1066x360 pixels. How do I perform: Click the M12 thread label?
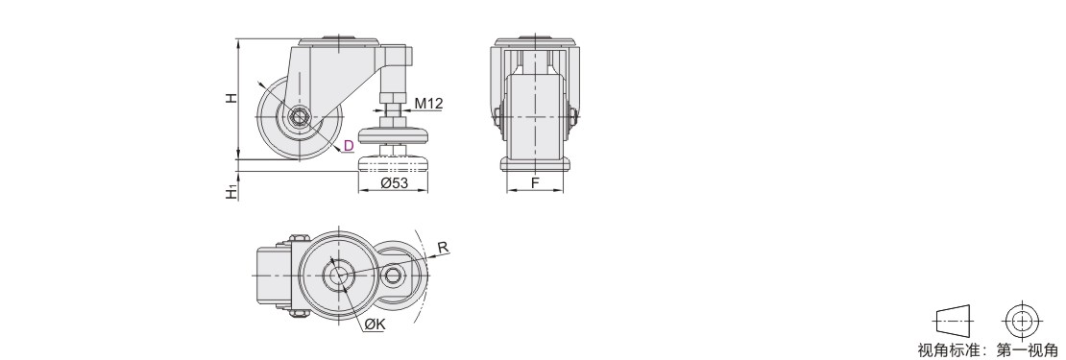(x=428, y=104)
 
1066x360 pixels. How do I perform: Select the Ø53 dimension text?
(x=394, y=182)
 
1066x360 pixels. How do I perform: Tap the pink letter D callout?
(x=348, y=145)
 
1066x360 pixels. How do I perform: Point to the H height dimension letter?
(x=231, y=98)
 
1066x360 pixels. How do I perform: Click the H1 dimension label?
(x=231, y=192)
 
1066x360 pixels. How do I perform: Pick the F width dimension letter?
(x=535, y=182)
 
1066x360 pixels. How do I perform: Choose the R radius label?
(x=443, y=248)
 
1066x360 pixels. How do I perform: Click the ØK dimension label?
(x=375, y=325)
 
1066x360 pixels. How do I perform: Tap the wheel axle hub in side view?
(x=299, y=118)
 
